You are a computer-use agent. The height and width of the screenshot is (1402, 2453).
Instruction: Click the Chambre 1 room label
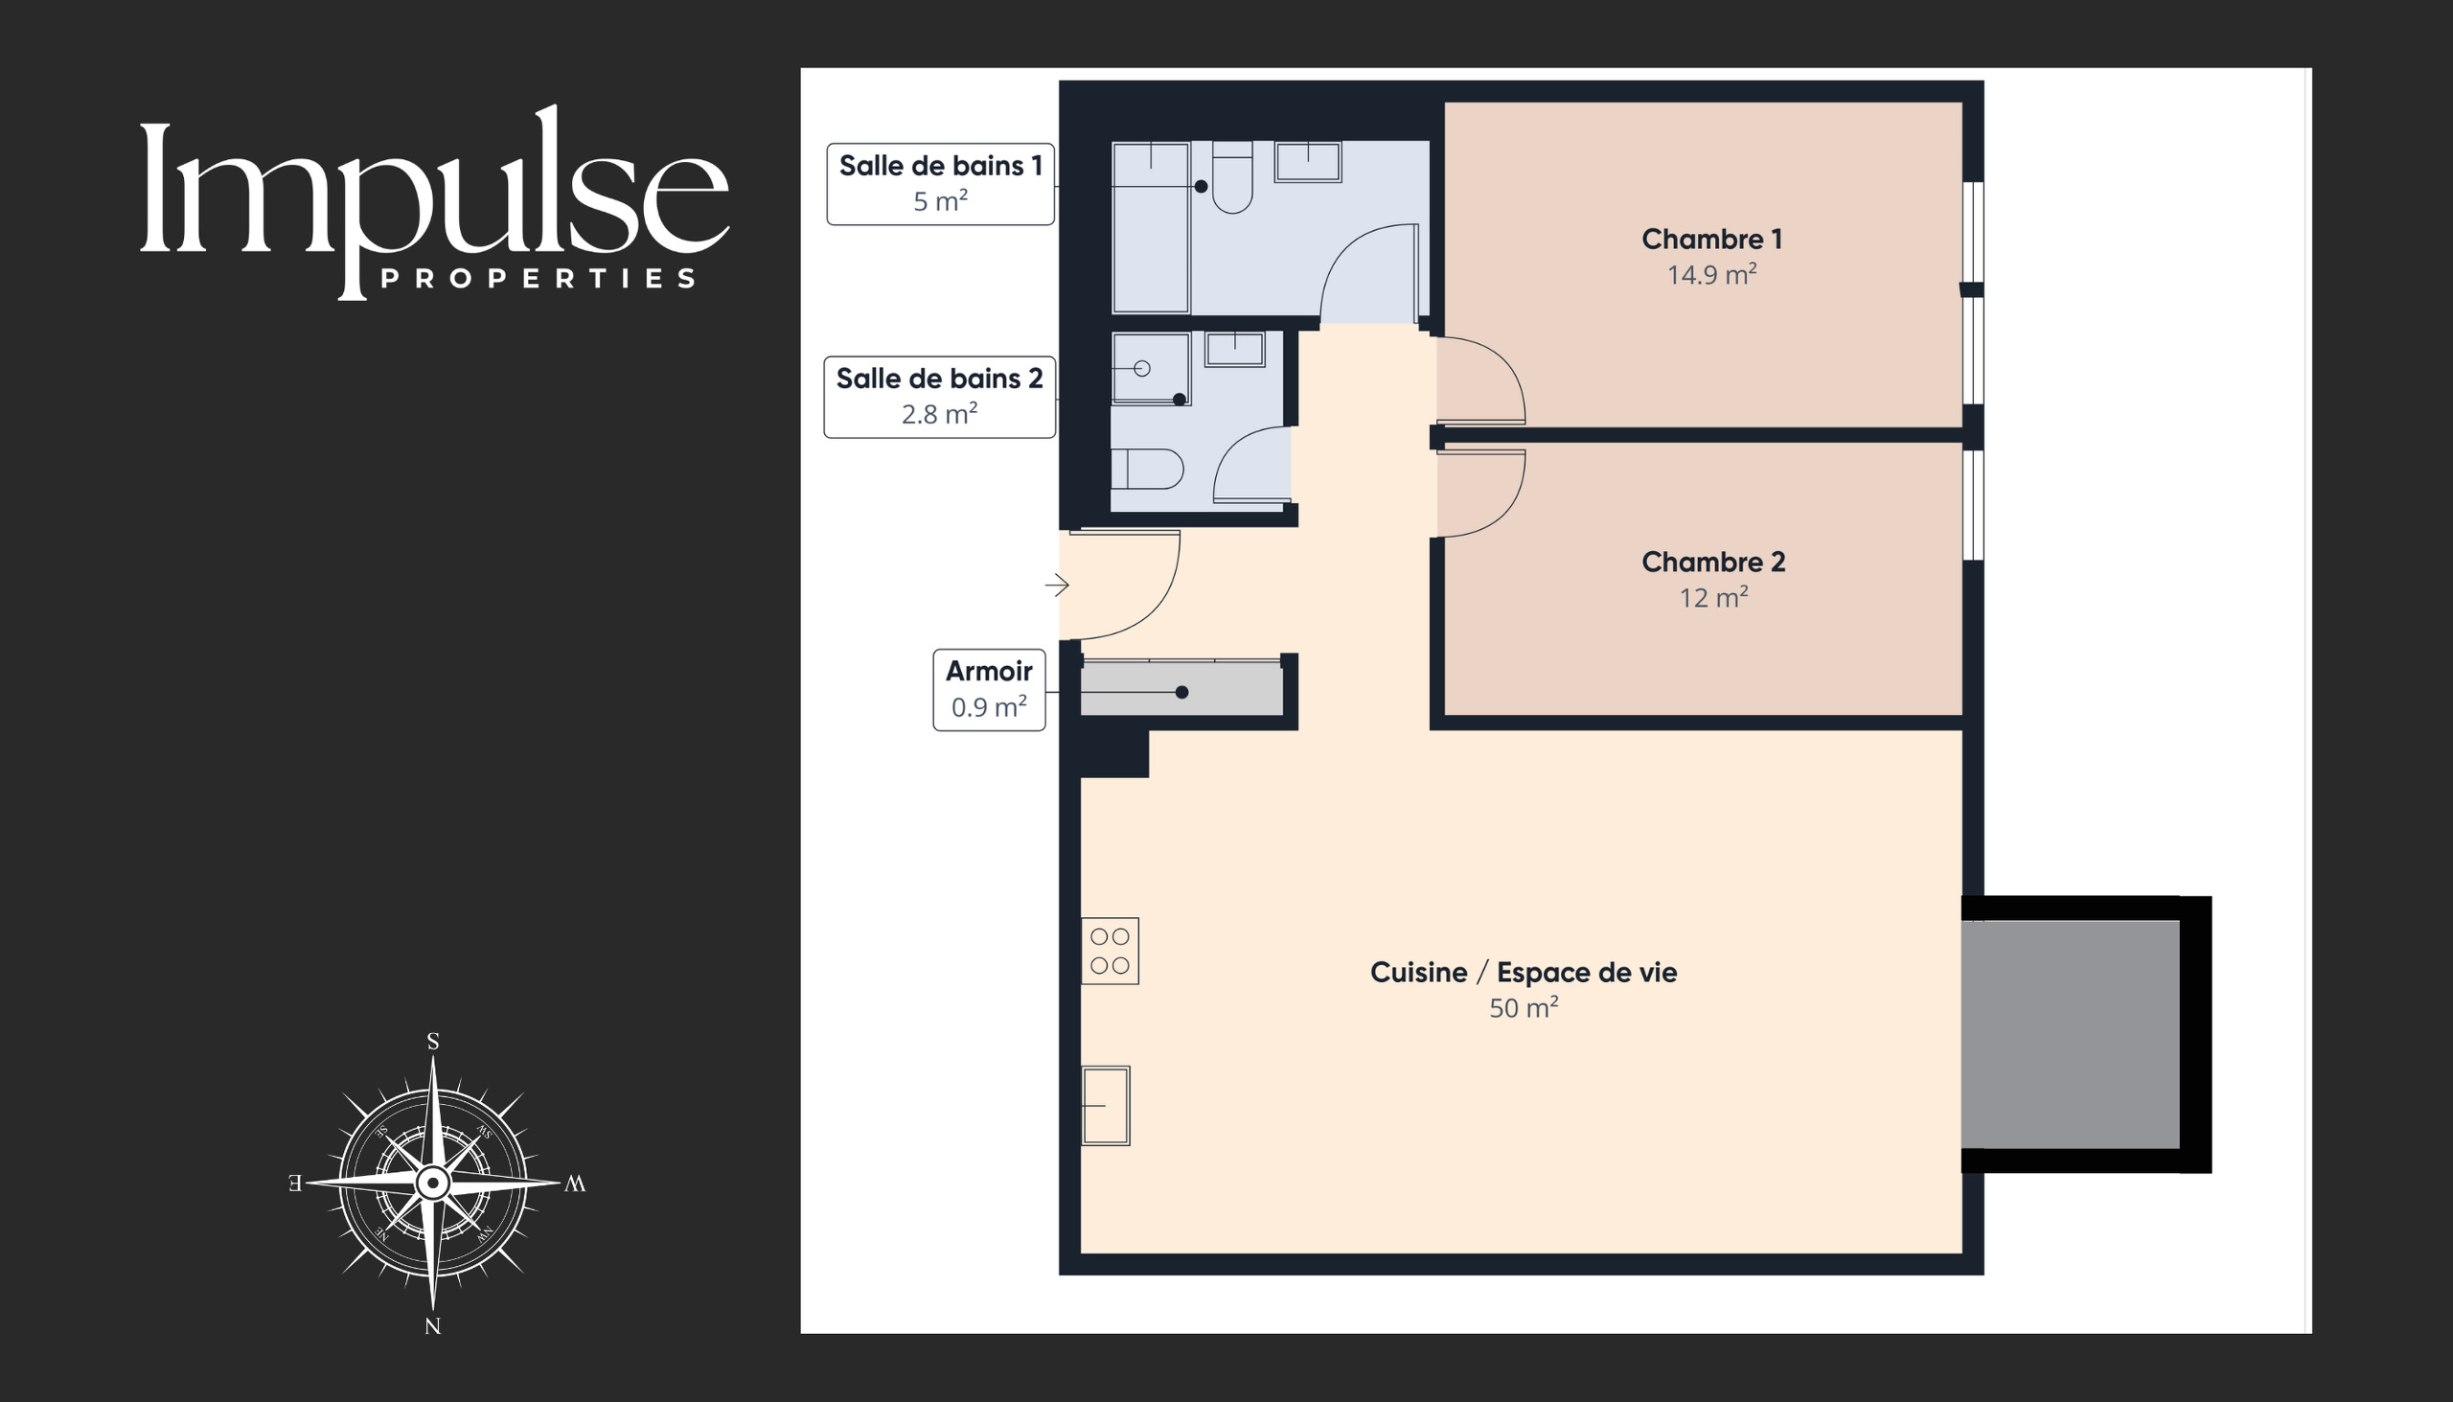[1711, 239]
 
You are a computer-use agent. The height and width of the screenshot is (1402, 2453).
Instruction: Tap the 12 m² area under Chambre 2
[1713, 598]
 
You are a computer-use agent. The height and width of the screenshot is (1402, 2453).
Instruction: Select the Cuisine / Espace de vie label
[1523, 973]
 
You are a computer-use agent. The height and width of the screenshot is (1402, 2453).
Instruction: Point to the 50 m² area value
[1523, 1008]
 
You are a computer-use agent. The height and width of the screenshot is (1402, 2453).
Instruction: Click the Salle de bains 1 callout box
[941, 184]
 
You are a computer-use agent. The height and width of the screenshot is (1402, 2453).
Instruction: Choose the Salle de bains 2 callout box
[940, 397]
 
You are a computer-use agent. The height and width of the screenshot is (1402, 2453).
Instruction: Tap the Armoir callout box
[989, 689]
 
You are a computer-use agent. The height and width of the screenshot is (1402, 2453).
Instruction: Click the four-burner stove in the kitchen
[1110, 951]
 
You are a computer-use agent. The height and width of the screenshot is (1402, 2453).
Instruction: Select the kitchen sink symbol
[1105, 1106]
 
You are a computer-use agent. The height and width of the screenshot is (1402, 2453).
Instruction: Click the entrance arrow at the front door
[1057, 585]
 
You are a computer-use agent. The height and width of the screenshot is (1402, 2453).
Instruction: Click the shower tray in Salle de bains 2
[1151, 369]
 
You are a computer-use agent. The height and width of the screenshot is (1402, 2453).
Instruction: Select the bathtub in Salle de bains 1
[1151, 227]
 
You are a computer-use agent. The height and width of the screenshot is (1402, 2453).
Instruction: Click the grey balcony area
[2070, 1034]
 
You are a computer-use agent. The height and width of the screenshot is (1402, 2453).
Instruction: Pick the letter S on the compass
[433, 1041]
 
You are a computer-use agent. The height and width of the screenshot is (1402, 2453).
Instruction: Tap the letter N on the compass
[433, 1326]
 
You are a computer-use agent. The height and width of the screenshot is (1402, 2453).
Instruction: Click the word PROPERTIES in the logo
[539, 279]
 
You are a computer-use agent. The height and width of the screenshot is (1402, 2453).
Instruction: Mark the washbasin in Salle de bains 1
[1307, 161]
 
